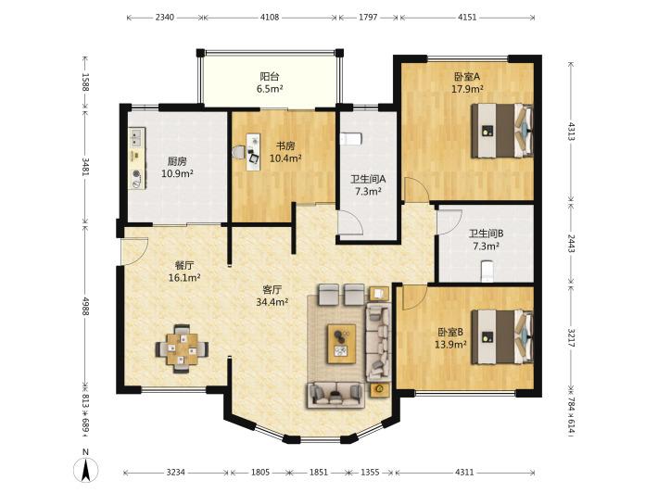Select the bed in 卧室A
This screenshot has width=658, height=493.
coord(502,131)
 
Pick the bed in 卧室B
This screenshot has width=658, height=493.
coord(502,336)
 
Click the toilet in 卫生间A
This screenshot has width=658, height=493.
coord(350,139)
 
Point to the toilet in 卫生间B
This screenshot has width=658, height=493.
coord(487,271)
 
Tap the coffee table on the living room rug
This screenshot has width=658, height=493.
coord(342,344)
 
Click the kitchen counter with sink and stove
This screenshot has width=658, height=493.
coord(137,158)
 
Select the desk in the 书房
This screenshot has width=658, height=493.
coord(253,152)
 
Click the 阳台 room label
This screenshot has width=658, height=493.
coord(270,76)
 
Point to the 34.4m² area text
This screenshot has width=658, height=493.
coord(272,301)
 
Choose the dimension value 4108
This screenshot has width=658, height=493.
coord(270,18)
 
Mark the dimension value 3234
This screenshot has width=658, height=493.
coord(175,472)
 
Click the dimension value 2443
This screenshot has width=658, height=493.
coord(571,244)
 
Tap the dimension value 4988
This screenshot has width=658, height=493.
coord(85,307)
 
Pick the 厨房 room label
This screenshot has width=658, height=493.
coord(177,161)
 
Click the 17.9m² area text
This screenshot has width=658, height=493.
coord(467,89)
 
